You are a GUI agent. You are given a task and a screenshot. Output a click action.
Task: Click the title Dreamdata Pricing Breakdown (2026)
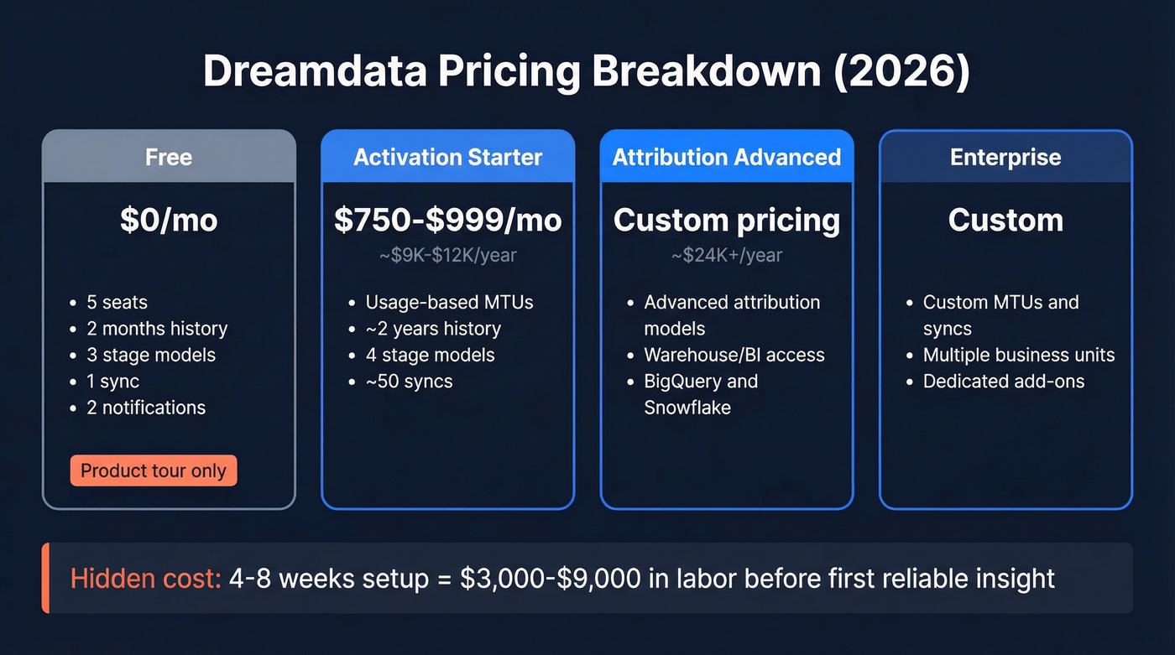click(587, 72)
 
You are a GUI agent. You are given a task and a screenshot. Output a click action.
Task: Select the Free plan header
click(169, 158)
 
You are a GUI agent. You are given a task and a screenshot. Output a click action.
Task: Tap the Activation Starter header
click(448, 158)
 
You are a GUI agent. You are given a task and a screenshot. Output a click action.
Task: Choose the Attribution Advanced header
click(727, 158)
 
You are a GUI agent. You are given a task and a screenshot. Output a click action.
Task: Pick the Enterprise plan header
click(1005, 158)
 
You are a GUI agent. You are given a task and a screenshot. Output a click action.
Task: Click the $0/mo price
click(169, 220)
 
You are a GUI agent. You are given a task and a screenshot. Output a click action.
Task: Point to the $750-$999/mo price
click(448, 220)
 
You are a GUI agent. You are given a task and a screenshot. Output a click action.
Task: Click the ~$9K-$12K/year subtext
click(448, 255)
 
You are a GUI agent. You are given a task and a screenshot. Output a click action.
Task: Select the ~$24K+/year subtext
click(727, 255)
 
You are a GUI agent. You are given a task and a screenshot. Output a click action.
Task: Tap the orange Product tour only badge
click(154, 471)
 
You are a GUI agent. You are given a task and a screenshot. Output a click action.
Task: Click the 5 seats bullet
click(117, 303)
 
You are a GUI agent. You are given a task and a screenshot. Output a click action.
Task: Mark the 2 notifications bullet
click(146, 408)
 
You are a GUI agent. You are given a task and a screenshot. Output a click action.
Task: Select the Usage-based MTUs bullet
click(449, 303)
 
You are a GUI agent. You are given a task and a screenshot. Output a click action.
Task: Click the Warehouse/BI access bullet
click(734, 355)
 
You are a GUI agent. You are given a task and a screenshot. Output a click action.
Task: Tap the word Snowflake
click(687, 408)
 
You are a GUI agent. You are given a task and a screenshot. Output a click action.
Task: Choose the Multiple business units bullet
click(1019, 355)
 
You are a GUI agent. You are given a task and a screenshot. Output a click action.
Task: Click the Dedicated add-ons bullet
click(1004, 382)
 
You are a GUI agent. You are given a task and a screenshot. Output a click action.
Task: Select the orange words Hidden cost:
click(145, 579)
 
